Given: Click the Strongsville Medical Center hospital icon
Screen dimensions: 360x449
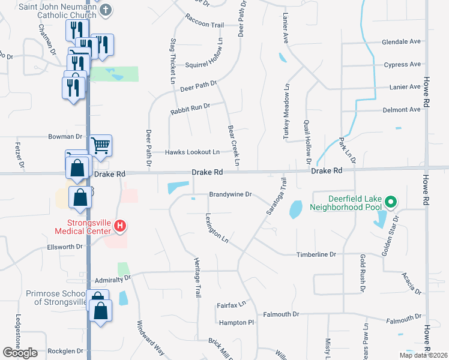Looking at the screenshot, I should point(120,226).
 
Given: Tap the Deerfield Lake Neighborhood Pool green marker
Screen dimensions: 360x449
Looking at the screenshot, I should point(391,202).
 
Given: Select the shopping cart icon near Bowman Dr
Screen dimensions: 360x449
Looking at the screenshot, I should point(101,144).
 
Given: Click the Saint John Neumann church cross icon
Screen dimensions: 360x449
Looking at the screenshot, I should point(106,9).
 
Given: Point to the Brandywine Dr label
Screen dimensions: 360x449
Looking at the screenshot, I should point(231,195).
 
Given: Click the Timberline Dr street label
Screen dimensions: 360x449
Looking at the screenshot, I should point(316,255).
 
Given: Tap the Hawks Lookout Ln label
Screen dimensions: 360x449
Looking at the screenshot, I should point(193,152).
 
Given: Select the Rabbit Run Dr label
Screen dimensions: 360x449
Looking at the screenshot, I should point(190,106).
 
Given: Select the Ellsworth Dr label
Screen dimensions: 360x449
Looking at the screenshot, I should point(64,247).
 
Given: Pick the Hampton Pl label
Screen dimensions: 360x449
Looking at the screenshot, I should point(237,323).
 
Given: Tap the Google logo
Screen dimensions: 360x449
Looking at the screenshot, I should point(20,353).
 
